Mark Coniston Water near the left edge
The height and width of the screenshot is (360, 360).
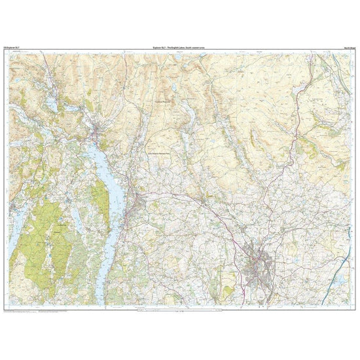(18, 196)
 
